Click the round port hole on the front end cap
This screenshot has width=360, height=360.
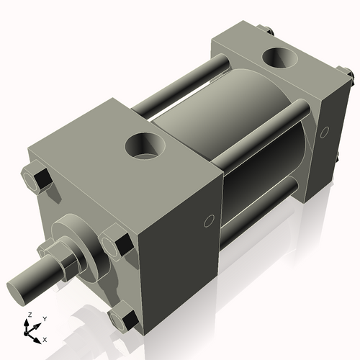[x=145, y=147]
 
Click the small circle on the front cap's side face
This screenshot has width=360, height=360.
[x=209, y=220]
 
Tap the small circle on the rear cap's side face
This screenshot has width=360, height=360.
[x=325, y=132]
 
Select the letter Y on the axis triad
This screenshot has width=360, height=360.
[x=44, y=318]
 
